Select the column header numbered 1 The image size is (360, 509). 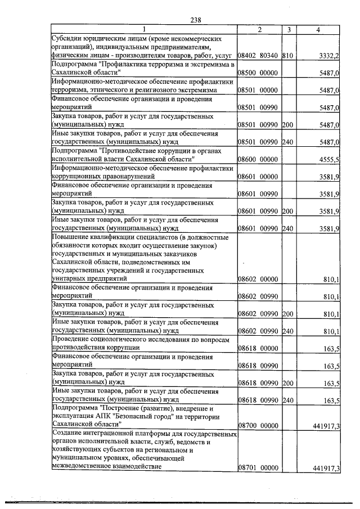click(x=143, y=29)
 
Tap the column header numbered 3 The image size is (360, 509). click(x=287, y=29)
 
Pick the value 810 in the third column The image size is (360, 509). click(x=287, y=56)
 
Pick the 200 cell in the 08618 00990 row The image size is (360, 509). click(x=287, y=384)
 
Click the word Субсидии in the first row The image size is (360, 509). click(x=65, y=39)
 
